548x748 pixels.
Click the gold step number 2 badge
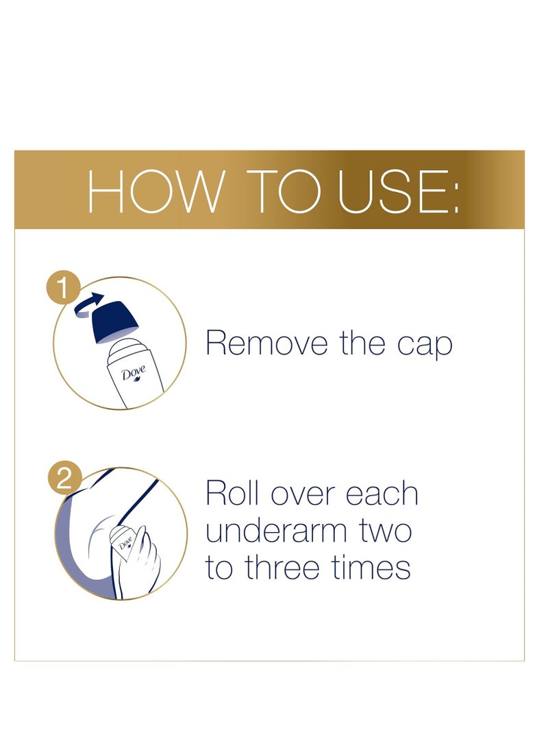point(64,479)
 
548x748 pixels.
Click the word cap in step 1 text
point(425,342)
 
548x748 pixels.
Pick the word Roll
point(233,494)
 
